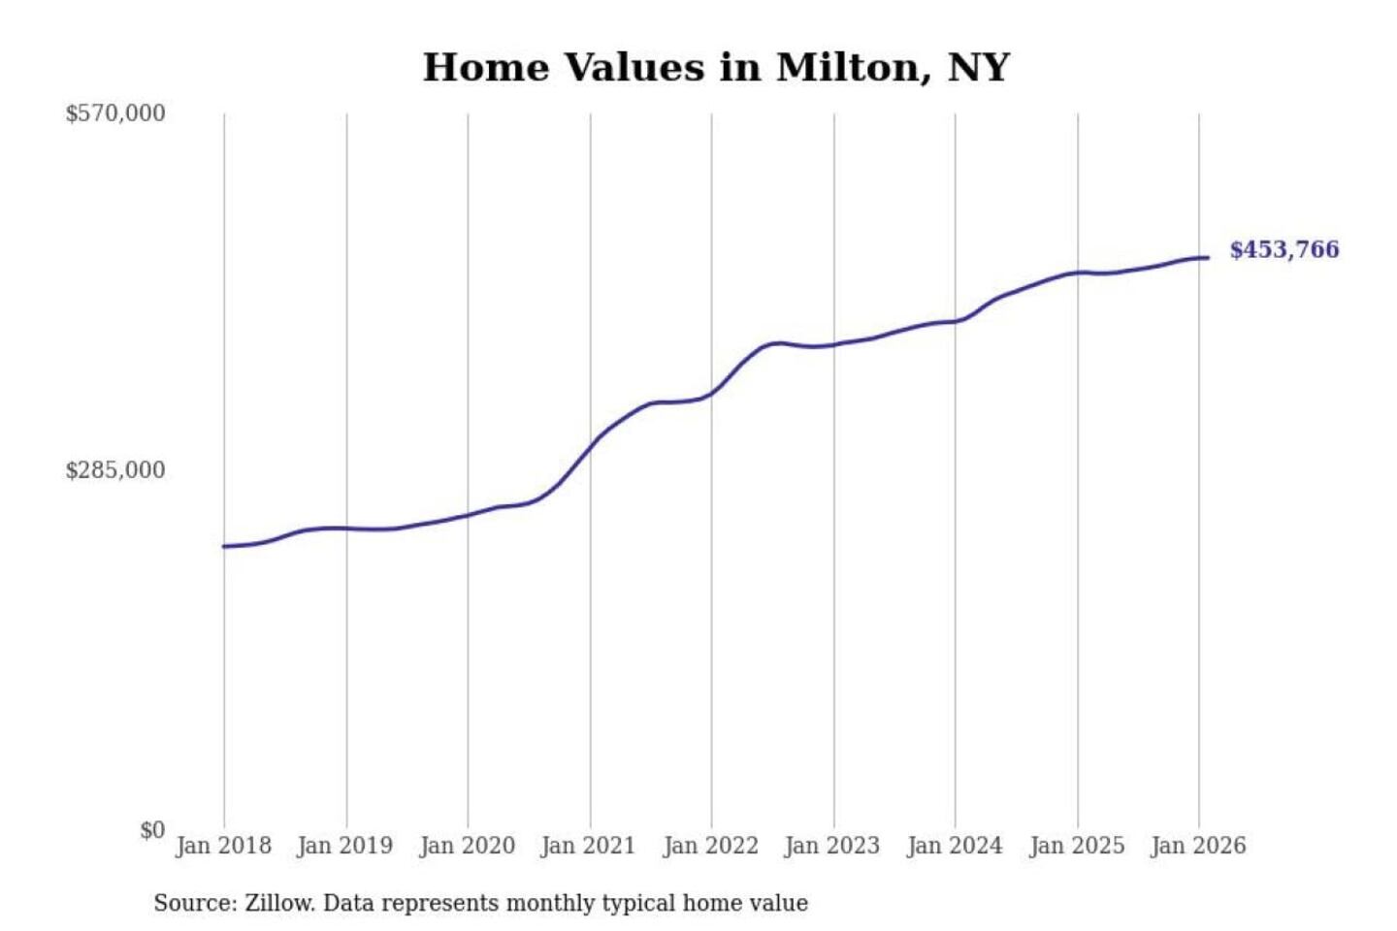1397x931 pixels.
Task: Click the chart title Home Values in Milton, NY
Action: (716, 68)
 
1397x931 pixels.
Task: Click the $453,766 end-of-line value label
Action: (1283, 250)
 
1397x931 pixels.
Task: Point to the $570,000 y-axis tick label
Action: (115, 113)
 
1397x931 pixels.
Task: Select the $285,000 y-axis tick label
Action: (115, 470)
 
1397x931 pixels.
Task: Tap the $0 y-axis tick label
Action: (152, 830)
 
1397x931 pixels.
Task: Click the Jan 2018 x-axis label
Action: (223, 846)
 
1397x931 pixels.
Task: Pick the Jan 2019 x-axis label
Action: (344, 846)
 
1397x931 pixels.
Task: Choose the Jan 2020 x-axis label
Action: (467, 846)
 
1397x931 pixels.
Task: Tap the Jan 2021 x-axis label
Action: (588, 846)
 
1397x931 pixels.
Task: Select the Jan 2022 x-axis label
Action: (710, 846)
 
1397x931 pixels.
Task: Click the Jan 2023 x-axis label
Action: (831, 846)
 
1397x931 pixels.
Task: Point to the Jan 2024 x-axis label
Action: (954, 846)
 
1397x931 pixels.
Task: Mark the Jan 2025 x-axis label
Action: (1076, 846)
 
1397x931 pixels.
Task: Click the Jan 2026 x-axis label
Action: (1197, 846)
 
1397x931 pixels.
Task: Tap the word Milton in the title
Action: (844, 68)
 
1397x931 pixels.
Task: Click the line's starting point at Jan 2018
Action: (224, 546)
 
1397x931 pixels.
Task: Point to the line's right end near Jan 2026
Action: (1206, 257)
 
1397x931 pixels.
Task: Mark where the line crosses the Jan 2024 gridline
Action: (955, 321)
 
